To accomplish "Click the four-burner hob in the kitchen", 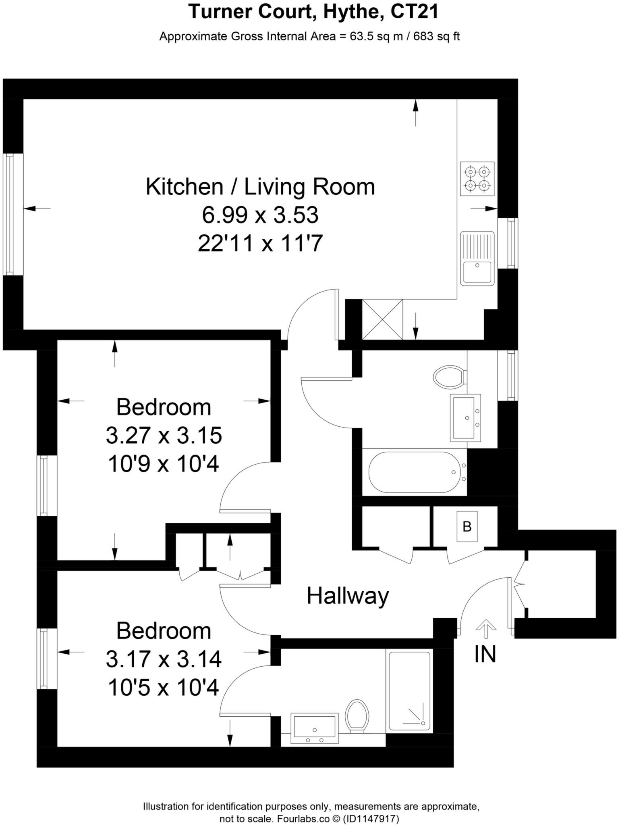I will [x=477, y=179].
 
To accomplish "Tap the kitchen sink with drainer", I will [x=477, y=258].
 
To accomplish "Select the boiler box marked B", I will [x=467, y=527].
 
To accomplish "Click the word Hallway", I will [x=348, y=596].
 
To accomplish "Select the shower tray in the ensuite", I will [x=409, y=692].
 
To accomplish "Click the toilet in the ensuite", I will [x=357, y=716].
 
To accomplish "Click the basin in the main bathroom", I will [x=465, y=417].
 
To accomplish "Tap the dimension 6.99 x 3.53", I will [x=260, y=215].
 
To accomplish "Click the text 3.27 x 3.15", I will [x=164, y=436].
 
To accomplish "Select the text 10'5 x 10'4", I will [x=164, y=688].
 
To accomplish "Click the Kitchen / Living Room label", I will [x=260, y=187].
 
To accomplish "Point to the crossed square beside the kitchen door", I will [x=382, y=319].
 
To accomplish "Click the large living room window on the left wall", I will [x=9, y=214].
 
